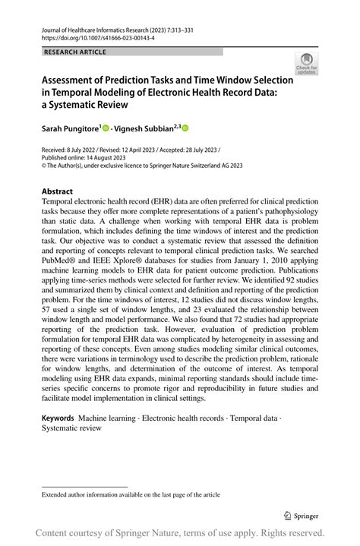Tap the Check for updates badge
306,64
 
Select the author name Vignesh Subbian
146,129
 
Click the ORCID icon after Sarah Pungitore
106,129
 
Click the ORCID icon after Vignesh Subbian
185,129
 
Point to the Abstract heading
58,191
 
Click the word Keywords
58,418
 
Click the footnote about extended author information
131,494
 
